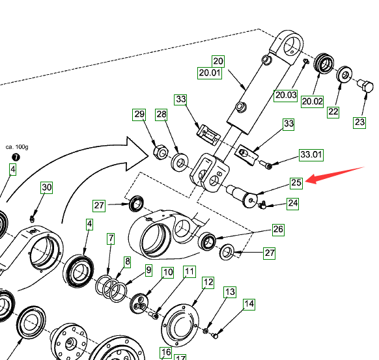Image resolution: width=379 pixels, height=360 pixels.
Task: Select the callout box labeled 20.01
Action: (210, 73)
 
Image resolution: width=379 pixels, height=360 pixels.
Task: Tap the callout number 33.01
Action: (311, 155)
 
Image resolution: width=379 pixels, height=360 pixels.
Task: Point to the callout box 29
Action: (139, 115)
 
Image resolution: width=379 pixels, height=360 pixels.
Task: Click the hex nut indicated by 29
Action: (160, 152)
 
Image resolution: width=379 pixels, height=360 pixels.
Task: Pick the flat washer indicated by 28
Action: (180, 162)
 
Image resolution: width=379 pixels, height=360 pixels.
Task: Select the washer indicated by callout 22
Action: (344, 74)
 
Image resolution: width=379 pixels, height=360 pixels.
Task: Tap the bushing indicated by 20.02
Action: (324, 63)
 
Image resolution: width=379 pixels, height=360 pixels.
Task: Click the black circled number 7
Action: (16, 158)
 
